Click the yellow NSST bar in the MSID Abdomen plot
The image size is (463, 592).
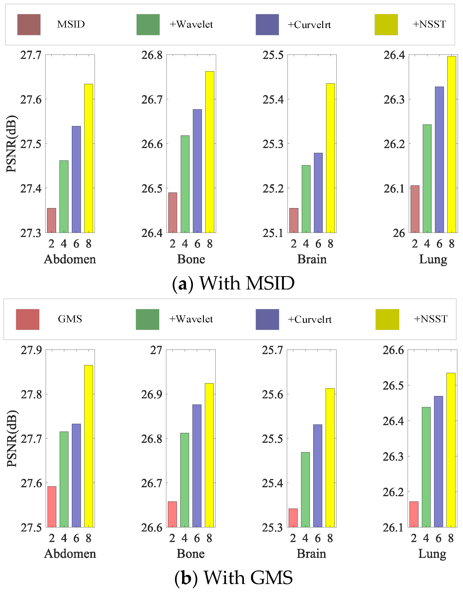coord(88,158)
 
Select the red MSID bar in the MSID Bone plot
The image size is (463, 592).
coord(173,212)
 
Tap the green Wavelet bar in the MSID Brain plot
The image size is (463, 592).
coord(306,199)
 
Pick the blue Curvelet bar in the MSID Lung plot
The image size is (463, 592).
coord(439,160)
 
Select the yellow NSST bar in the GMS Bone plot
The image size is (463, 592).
coord(209,455)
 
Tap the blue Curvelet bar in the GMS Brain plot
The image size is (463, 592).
coord(318,476)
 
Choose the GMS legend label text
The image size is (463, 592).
coord(70,319)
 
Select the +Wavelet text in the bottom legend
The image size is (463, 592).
coord(191,319)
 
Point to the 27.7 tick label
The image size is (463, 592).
coord(31,55)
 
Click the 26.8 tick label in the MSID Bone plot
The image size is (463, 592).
coord(152,55)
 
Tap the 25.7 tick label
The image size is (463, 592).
coord(272,350)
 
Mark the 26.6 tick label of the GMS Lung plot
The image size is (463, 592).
coord(393,350)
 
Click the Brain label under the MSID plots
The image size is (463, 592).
coord(312,259)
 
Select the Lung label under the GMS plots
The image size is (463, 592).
coord(432,554)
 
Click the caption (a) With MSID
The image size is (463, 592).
coord(234,283)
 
